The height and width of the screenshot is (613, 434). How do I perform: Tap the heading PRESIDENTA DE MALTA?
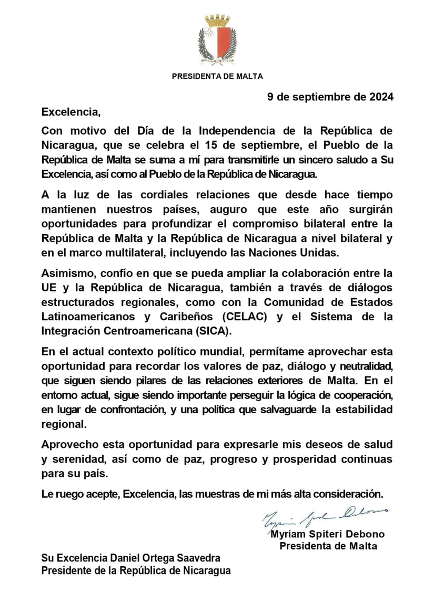[217, 76]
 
